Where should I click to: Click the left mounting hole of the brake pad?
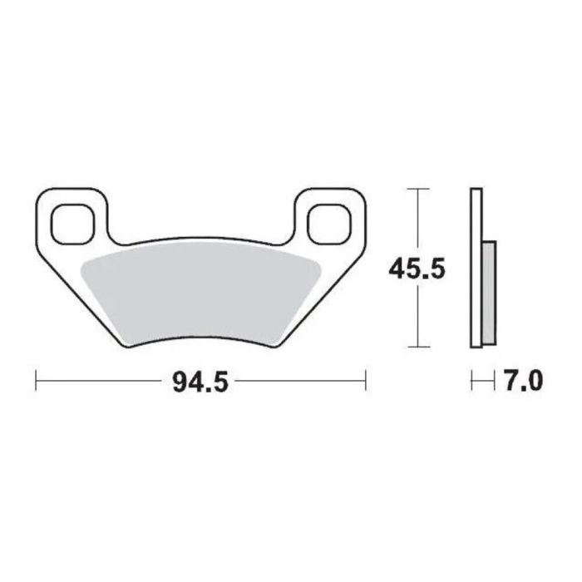tap(69, 222)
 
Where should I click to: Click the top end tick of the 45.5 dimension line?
tap(417, 190)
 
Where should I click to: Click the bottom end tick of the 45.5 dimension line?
tap(417, 347)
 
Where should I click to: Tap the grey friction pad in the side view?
tap(489, 291)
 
